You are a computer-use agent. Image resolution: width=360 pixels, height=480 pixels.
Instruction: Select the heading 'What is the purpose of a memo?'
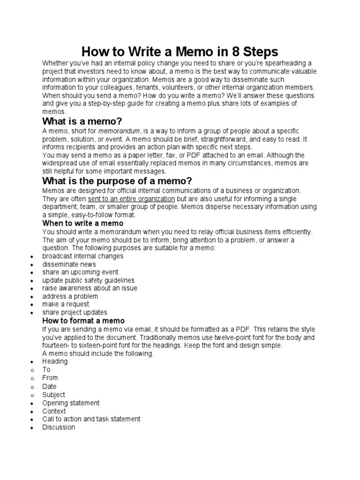[x=117, y=181]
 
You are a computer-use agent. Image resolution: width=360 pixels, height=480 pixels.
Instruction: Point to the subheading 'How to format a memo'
[x=83, y=321]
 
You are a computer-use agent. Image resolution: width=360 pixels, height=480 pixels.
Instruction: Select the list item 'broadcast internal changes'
[x=82, y=256]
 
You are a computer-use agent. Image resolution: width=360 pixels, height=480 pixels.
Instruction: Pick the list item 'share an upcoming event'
[x=80, y=272]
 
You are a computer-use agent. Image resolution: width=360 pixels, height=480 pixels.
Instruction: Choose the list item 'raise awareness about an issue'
[x=90, y=288]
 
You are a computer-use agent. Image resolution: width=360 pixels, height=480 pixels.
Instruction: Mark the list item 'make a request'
[x=66, y=304]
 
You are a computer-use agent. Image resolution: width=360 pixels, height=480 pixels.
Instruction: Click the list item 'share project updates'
[x=75, y=312]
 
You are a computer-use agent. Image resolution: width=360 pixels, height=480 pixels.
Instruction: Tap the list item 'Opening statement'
[x=71, y=403]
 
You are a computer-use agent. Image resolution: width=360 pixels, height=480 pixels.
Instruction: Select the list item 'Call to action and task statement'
[x=91, y=419]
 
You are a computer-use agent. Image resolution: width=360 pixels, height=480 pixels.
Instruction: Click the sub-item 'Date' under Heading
[x=49, y=386]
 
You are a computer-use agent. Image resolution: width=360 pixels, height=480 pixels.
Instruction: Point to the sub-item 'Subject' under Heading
[x=53, y=395]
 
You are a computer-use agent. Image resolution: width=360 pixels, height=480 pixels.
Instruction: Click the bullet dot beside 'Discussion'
[x=31, y=428]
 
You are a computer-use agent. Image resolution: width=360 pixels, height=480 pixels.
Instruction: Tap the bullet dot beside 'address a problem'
[x=31, y=297]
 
